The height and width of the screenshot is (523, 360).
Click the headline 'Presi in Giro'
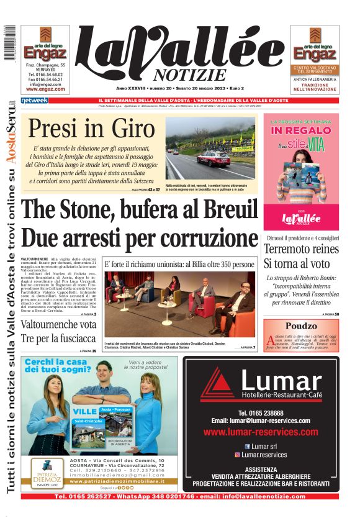point(91,129)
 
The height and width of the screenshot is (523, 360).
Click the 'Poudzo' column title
point(300,326)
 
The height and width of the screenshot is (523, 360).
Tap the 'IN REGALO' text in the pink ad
point(301,131)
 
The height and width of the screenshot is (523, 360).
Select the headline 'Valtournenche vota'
point(58,324)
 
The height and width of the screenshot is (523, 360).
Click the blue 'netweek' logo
point(34,100)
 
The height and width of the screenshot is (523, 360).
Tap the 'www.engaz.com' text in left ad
point(45,89)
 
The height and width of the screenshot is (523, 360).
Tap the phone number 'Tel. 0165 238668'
point(261,413)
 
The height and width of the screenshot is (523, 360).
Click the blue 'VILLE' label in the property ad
point(84,411)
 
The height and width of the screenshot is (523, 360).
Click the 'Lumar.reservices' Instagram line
point(264,455)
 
